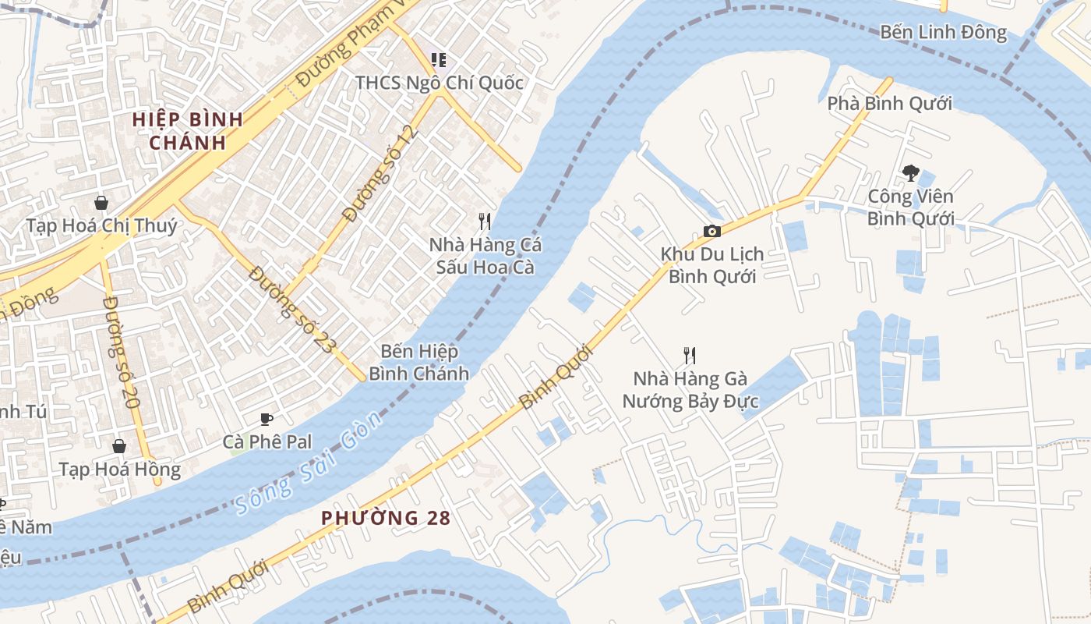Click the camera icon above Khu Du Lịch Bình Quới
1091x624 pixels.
tap(711, 231)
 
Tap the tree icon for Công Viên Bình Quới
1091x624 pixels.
tap(910, 173)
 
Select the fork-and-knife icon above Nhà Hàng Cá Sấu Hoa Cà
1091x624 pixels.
tap(484, 222)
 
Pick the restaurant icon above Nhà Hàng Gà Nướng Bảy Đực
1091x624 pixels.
tap(690, 356)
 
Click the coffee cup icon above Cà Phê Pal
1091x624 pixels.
tap(267, 420)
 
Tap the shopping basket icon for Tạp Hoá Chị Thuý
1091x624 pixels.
tap(101, 204)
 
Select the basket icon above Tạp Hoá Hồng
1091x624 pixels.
tap(119, 446)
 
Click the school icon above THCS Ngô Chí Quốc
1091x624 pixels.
tap(439, 59)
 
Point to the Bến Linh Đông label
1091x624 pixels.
tap(943, 33)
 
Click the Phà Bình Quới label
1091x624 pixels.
tap(889, 104)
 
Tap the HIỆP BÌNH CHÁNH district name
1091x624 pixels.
tap(187, 131)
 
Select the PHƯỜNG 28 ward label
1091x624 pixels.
tap(386, 518)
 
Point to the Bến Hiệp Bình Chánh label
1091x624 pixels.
tap(419, 363)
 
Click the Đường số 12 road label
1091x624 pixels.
tap(381, 173)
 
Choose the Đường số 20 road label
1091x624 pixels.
tap(121, 353)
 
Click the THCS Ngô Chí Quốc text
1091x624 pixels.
tap(440, 83)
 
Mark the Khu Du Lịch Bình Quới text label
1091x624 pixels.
tap(712, 265)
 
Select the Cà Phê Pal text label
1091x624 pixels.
tap(267, 442)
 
